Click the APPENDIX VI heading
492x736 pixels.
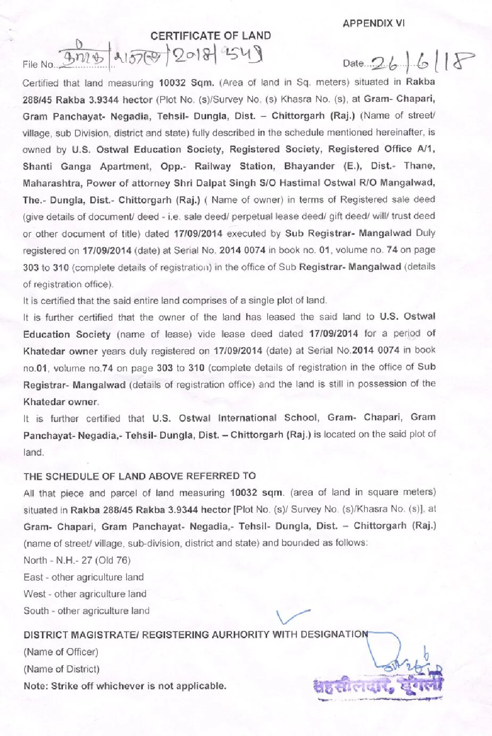click(373, 23)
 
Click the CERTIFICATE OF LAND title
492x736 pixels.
click(211, 36)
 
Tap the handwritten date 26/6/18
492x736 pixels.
click(420, 62)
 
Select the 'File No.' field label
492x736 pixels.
click(38, 65)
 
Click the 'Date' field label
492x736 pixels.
click(353, 64)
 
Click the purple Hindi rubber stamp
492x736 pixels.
click(378, 685)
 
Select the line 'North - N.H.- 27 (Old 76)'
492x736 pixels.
click(77, 560)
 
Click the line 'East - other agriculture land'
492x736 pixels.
click(84, 577)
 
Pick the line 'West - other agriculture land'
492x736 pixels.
click(85, 594)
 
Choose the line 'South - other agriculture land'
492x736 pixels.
click(87, 611)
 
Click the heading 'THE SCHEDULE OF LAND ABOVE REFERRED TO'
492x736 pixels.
click(139, 476)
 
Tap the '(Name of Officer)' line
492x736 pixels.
click(61, 652)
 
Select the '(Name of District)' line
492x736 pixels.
click(61, 669)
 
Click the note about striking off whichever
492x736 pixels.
click(124, 686)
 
